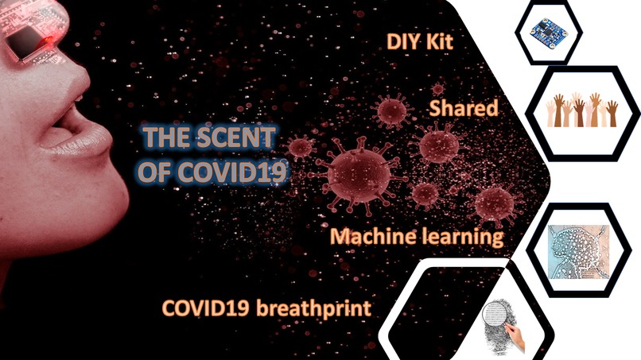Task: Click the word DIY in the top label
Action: click(x=401, y=41)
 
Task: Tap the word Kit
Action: click(x=437, y=41)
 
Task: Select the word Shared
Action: click(x=464, y=109)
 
